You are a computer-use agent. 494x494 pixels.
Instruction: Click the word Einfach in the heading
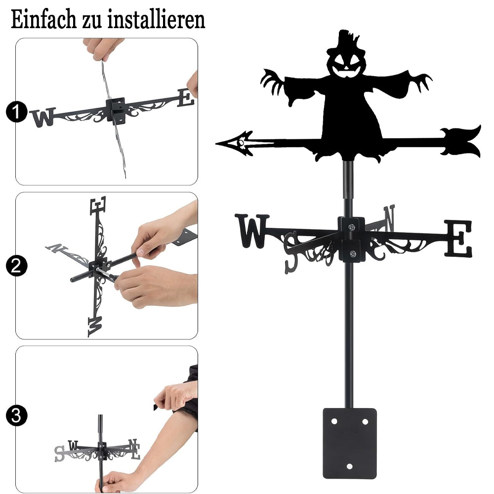[x=44, y=19]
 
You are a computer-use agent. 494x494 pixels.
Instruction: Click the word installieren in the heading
[x=156, y=19]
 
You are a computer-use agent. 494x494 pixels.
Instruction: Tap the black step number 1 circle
[x=16, y=112]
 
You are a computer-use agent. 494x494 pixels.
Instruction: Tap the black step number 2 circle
[x=16, y=266]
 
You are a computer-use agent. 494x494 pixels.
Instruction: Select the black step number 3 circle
[x=16, y=415]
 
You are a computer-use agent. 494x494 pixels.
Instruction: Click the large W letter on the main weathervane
[x=252, y=231]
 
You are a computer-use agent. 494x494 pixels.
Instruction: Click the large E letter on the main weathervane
[x=459, y=238]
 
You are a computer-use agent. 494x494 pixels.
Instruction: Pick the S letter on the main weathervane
[x=291, y=252]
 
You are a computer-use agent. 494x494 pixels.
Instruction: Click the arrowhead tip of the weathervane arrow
[x=217, y=144]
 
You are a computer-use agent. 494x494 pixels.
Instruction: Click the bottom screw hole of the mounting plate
[x=349, y=466]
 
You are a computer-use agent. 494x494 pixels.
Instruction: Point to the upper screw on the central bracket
[x=351, y=227]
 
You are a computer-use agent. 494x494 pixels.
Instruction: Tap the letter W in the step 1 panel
[x=43, y=118]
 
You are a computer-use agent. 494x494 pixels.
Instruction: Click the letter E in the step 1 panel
[x=186, y=97]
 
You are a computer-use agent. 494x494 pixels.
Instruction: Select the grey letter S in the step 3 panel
[x=60, y=454]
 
